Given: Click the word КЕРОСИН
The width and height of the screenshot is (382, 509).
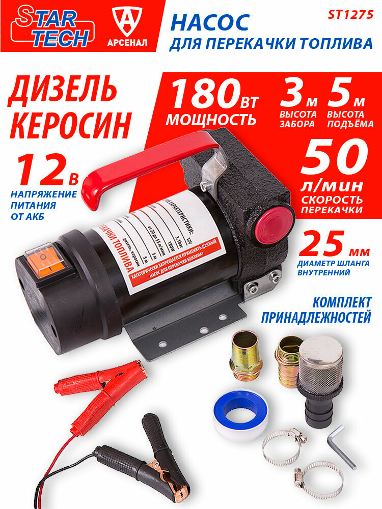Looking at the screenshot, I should (70, 123).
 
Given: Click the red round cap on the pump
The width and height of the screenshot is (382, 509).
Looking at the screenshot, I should (274, 224).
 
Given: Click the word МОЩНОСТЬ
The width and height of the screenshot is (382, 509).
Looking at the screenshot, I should (211, 120).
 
